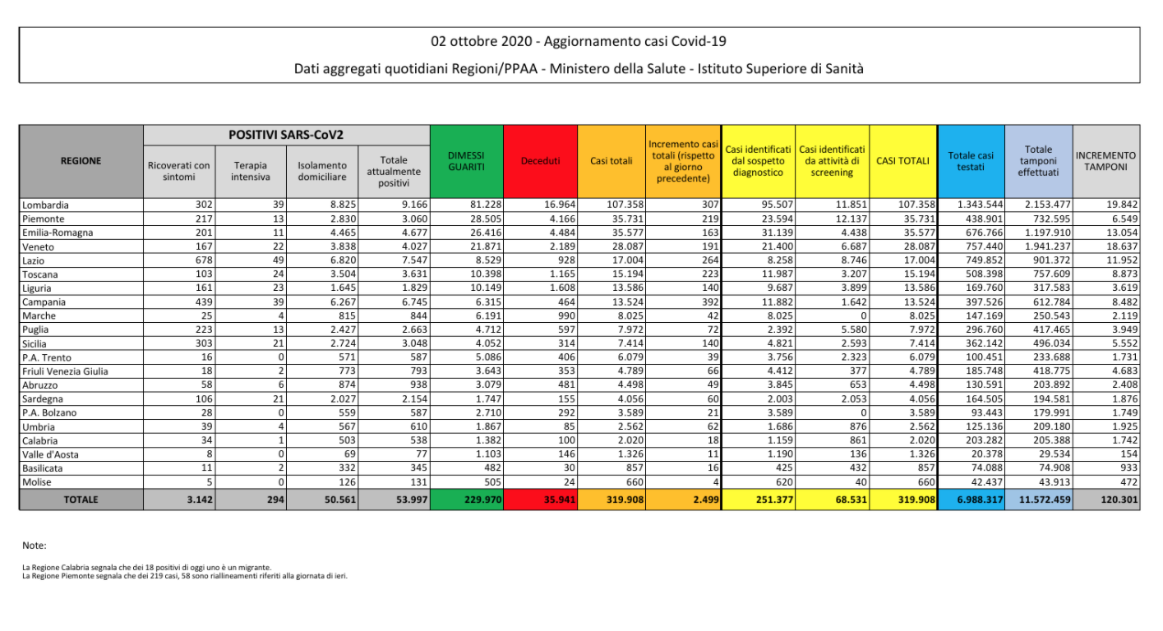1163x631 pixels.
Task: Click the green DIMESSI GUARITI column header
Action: pos(466,161)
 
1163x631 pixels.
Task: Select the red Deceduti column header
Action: pos(540,161)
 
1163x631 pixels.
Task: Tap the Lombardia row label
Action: pos(47,205)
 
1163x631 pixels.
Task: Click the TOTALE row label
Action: pos(81,500)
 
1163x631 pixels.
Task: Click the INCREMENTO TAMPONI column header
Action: pos(1105,161)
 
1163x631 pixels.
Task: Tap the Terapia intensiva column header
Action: pos(251,171)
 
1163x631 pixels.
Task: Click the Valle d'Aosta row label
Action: pos(53,454)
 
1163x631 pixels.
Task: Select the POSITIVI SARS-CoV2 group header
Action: pos(286,134)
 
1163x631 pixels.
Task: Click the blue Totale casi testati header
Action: pos(971,161)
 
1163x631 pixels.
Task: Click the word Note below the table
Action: pos(35,546)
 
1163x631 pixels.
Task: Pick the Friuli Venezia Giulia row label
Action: pos(66,371)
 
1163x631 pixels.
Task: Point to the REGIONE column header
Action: pos(81,161)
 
